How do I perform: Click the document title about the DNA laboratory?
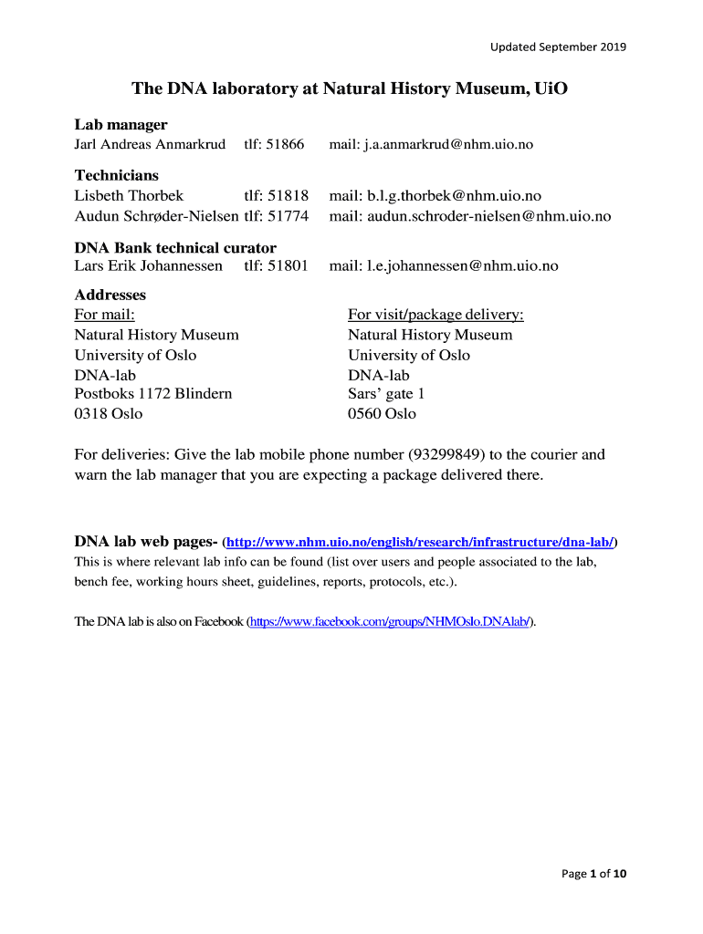(342, 89)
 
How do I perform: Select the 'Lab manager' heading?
(121, 125)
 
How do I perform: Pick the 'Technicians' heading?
(116, 175)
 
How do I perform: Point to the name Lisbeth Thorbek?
(129, 196)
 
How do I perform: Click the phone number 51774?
(288, 216)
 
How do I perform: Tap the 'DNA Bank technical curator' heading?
(175, 248)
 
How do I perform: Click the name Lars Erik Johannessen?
(148, 266)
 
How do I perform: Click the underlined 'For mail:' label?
(104, 315)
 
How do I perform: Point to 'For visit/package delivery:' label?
(435, 315)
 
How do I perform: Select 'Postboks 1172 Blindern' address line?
(153, 394)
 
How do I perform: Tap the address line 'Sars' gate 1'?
(386, 394)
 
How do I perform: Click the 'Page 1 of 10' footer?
(594, 874)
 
